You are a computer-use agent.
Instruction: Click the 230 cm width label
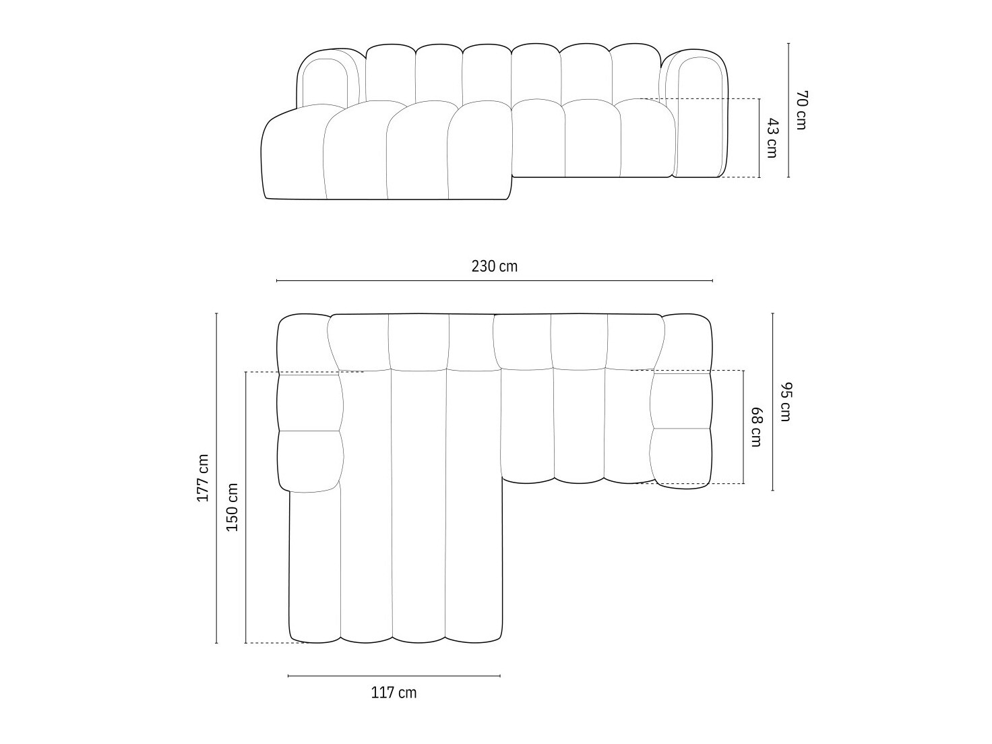tap(495, 266)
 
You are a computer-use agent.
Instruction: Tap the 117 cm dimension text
tap(394, 692)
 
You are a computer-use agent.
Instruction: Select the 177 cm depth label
tap(203, 478)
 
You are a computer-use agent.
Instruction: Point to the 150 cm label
tap(232, 507)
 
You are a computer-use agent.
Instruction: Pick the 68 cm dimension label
tap(756, 427)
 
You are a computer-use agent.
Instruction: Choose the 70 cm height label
tap(801, 110)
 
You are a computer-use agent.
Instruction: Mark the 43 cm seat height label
tap(772, 138)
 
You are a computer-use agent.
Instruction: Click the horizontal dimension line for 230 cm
tap(495, 280)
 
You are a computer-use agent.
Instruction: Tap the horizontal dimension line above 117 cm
tap(394, 675)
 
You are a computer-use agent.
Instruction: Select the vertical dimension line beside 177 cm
tap(216, 478)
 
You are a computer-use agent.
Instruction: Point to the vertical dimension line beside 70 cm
tap(788, 110)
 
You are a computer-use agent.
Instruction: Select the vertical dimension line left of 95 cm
tap(772, 402)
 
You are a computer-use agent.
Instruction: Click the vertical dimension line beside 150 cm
tap(246, 507)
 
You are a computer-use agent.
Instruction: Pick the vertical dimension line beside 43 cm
tap(759, 138)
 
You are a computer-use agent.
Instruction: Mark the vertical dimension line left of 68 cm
tap(743, 427)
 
